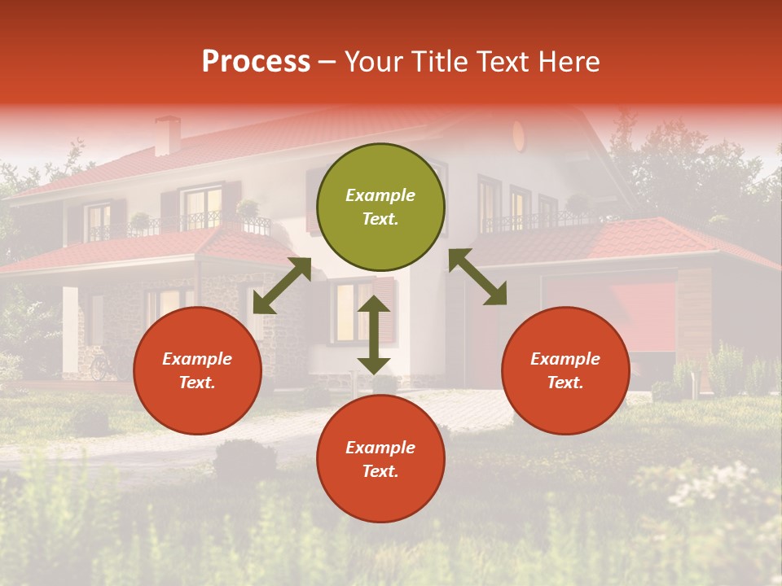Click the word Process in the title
tap(256, 62)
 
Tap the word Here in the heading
tap(568, 62)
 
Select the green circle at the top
tap(380, 207)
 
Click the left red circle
tap(197, 370)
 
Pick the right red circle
tap(565, 370)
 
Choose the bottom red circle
tap(380, 459)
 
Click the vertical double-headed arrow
tap(374, 335)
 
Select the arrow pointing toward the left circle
tap(282, 286)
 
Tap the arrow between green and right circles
tap(477, 277)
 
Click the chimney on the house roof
tap(168, 135)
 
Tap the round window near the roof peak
tap(519, 135)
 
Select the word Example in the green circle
tap(380, 195)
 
